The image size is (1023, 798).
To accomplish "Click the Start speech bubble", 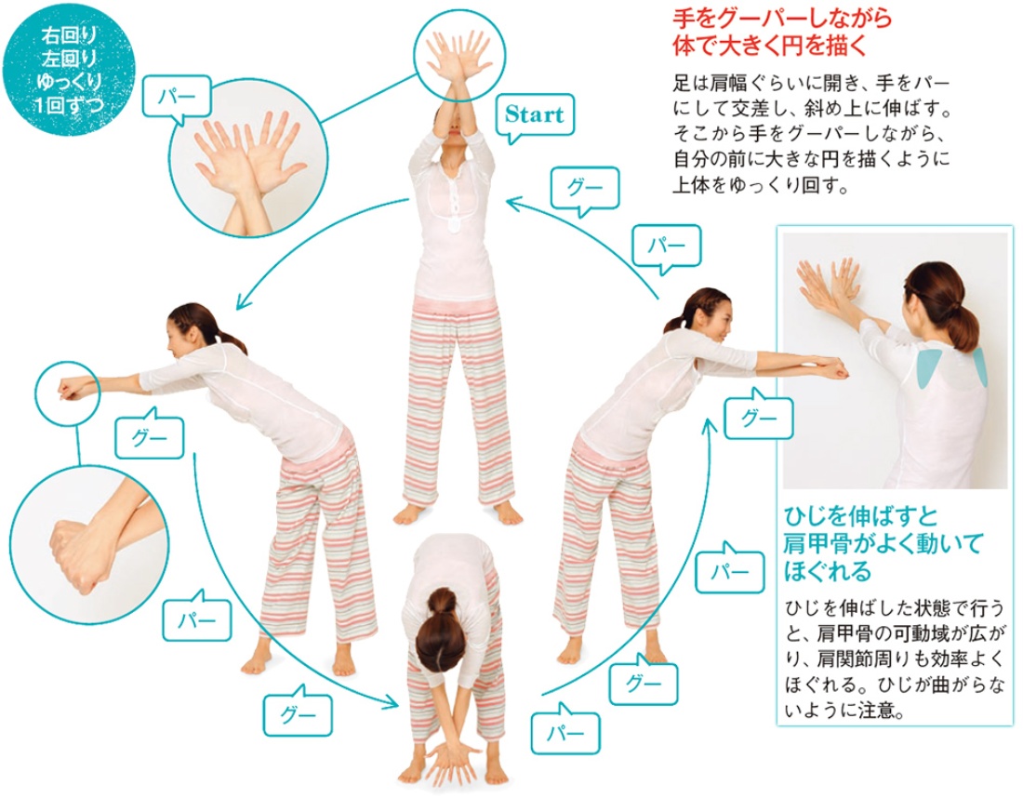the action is click(x=535, y=117).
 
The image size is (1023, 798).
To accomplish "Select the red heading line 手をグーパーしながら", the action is click(x=781, y=19).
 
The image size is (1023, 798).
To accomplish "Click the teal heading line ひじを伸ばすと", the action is click(x=860, y=517).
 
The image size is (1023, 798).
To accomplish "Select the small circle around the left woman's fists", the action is click(x=67, y=391).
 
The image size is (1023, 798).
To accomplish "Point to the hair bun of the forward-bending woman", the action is click(x=443, y=601).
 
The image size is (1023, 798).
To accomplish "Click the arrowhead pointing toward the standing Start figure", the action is click(x=515, y=205).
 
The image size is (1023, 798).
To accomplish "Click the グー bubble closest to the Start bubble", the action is click(x=585, y=189).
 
